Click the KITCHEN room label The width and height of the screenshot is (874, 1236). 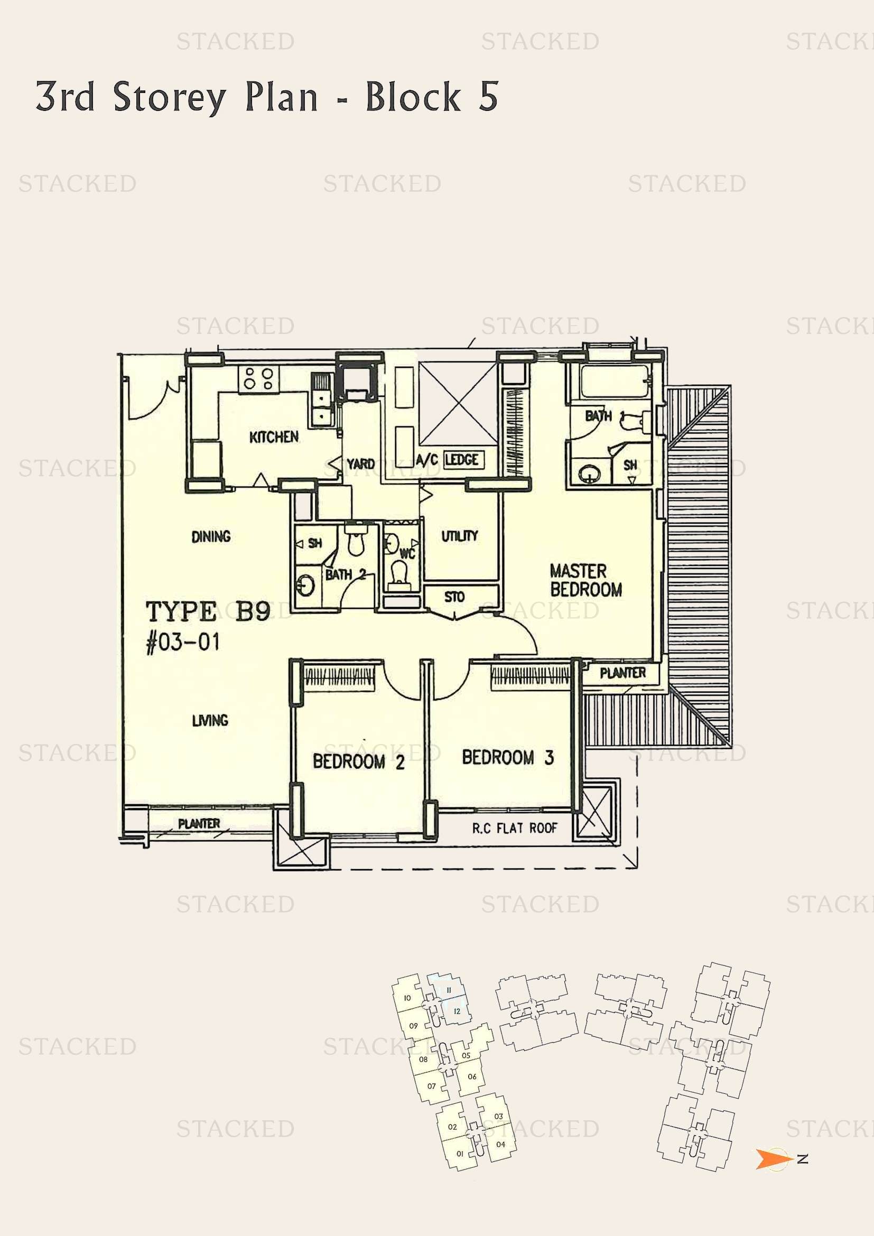click(x=273, y=436)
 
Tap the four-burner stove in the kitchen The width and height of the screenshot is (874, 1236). click(x=258, y=378)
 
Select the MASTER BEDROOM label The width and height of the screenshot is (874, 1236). click(x=585, y=580)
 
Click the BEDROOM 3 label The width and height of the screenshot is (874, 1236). click(x=507, y=757)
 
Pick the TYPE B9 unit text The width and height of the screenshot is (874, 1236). click(x=208, y=611)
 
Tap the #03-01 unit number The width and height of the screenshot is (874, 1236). click(x=183, y=642)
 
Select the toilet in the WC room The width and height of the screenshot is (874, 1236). click(x=399, y=572)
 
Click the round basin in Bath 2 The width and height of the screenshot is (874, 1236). click(x=305, y=584)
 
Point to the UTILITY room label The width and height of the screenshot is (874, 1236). click(x=459, y=536)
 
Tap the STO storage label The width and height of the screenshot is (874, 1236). click(x=454, y=597)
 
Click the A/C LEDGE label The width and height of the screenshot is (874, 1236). click(x=448, y=460)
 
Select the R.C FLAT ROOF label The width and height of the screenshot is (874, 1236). click(x=515, y=829)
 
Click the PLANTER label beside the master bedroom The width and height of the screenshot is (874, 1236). click(x=622, y=673)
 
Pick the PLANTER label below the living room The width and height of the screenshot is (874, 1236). click(x=199, y=824)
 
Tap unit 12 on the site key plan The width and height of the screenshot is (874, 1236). click(x=457, y=1011)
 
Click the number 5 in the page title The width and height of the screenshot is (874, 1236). click(x=488, y=96)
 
